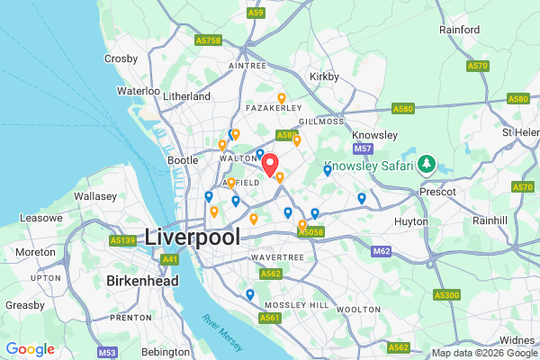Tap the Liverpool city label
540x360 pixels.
193,238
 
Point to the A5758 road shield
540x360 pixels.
207,40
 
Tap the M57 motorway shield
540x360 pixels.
363,148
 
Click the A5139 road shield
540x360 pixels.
121,240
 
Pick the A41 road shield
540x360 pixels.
169,259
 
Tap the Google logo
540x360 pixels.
30,349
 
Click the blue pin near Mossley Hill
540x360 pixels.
249,294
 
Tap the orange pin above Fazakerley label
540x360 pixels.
281,98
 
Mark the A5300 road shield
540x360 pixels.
446,294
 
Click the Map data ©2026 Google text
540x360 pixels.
482,352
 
